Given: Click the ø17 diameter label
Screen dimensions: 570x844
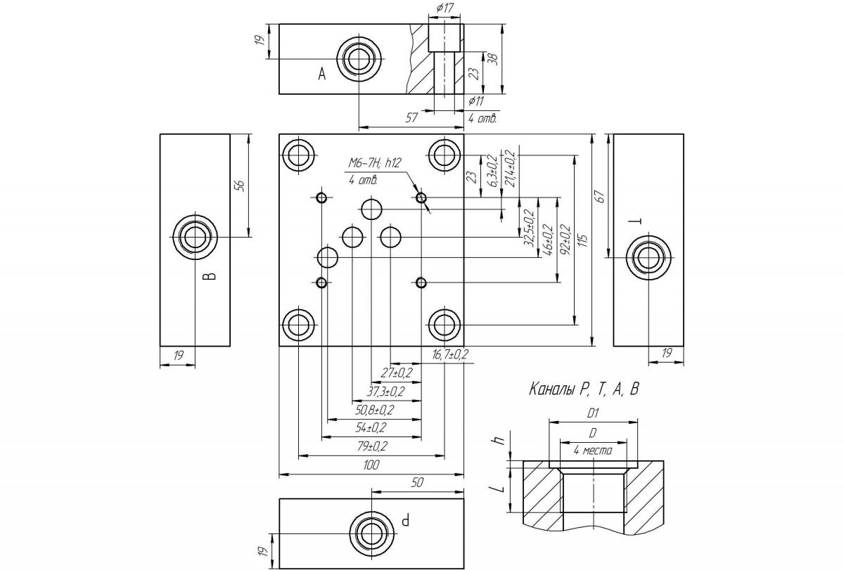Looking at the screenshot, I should click(x=444, y=8).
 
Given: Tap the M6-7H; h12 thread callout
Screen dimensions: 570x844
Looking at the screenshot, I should click(x=374, y=164).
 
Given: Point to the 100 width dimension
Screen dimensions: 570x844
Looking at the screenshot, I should click(x=371, y=465).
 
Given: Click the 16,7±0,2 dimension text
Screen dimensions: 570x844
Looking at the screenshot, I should click(x=450, y=355).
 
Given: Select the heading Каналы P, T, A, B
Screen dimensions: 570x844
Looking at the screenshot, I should click(x=584, y=389).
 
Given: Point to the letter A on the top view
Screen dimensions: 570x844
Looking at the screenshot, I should click(x=322, y=74).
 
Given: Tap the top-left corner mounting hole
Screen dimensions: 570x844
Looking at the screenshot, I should click(x=299, y=155).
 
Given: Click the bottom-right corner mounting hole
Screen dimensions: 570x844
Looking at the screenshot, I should click(x=444, y=325).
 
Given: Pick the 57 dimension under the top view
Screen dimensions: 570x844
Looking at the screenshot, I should click(x=412, y=119).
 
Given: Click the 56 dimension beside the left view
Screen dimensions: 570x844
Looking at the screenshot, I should click(x=240, y=186).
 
